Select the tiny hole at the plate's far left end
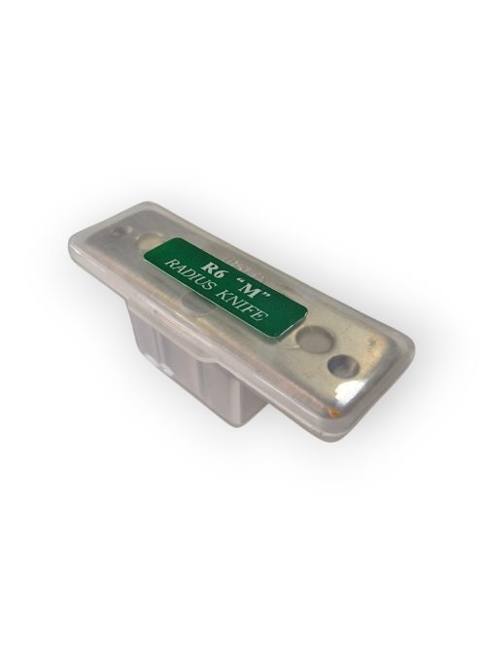(x=122, y=231)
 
